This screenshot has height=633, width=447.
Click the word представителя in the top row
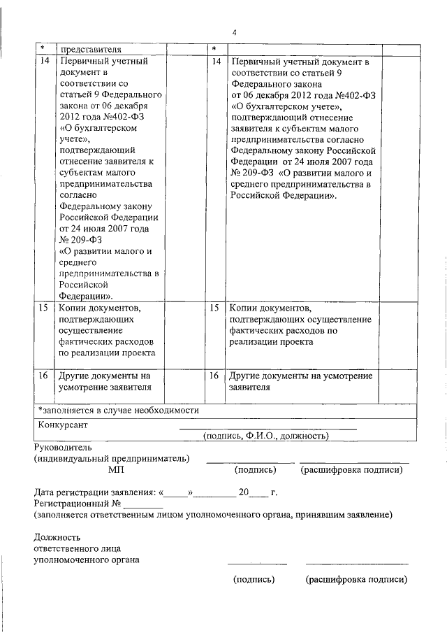click(x=91, y=49)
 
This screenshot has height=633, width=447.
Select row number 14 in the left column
click(x=44, y=62)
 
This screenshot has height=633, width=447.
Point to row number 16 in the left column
click(x=44, y=376)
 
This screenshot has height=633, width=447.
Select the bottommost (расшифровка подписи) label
click(x=356, y=580)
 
